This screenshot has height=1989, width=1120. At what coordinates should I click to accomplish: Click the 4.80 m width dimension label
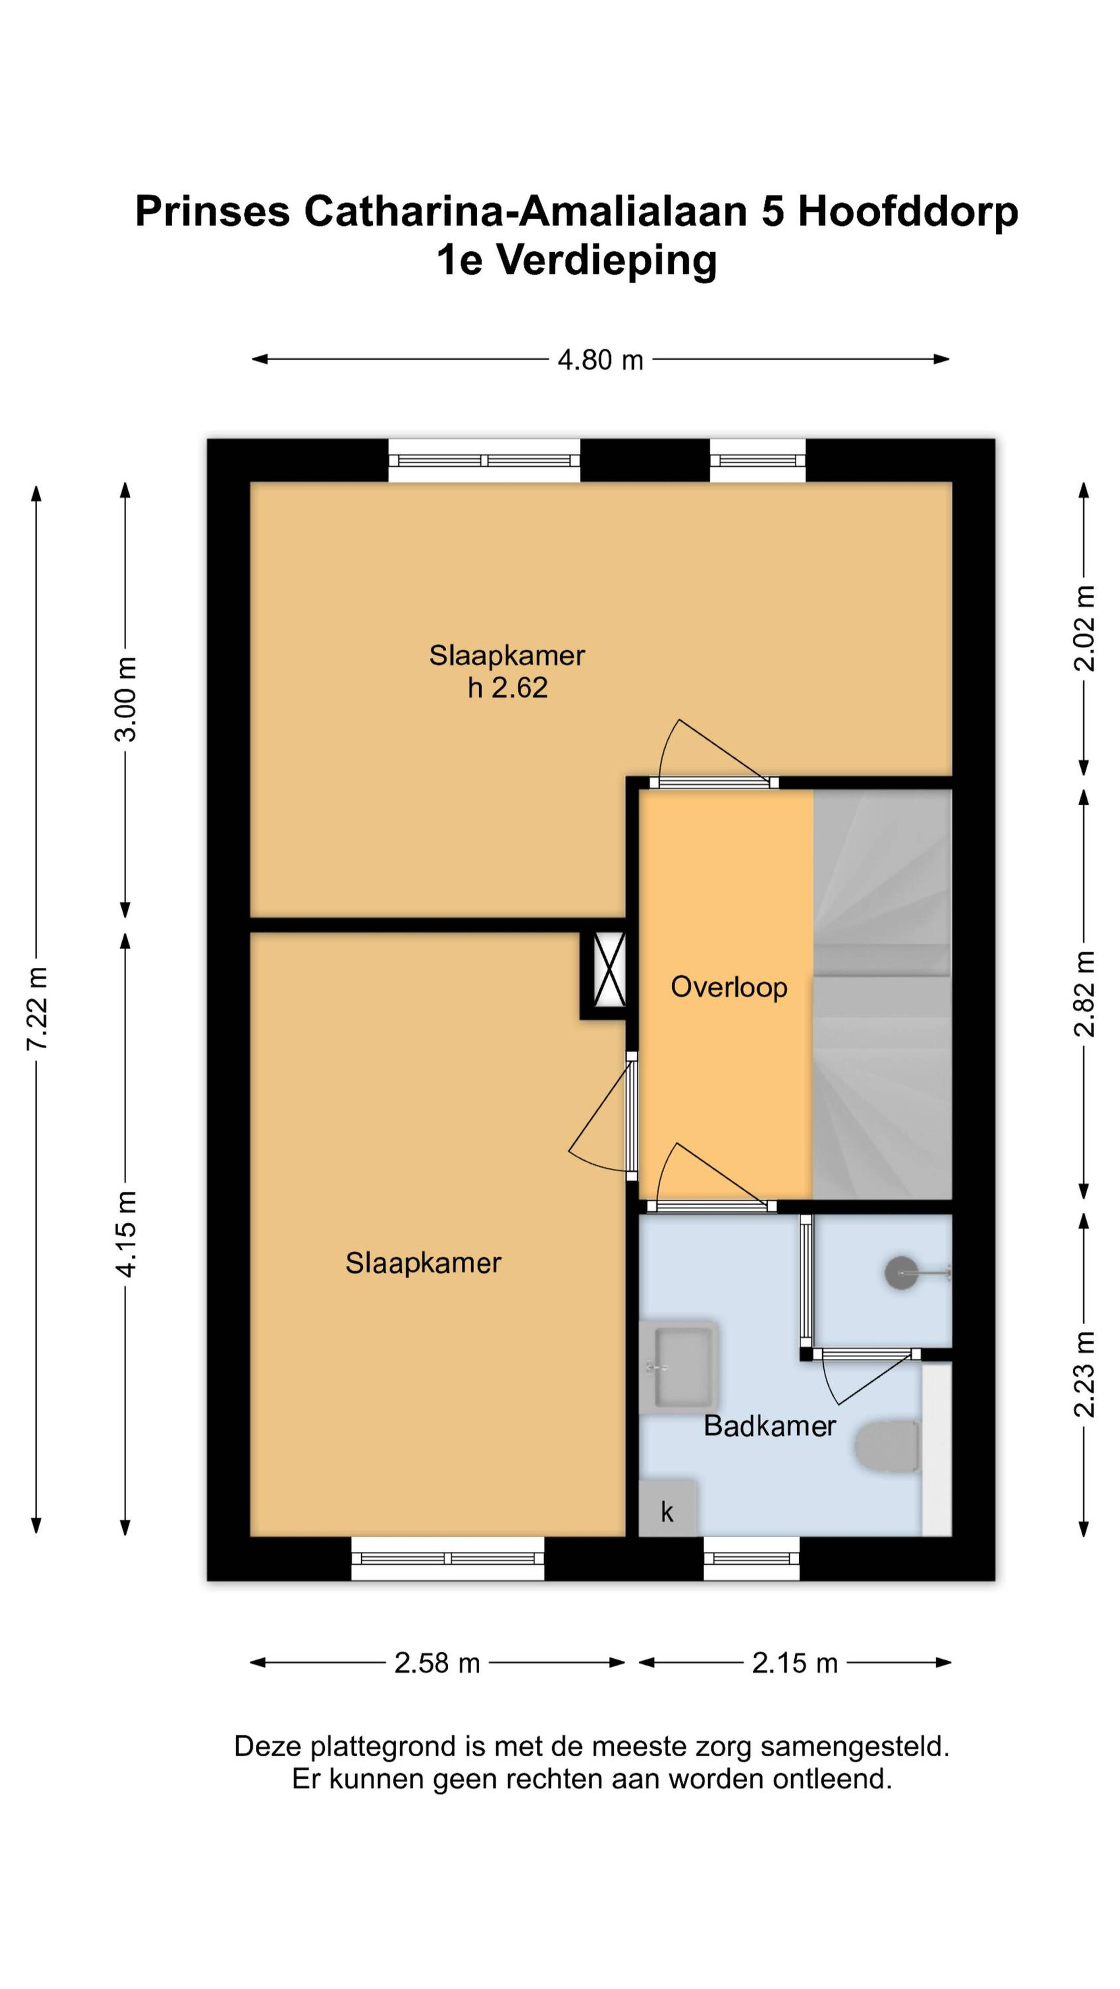(x=600, y=360)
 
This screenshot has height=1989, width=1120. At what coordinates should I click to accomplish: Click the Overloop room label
(x=728, y=987)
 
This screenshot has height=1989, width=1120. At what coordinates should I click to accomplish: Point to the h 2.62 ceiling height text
(x=508, y=687)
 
